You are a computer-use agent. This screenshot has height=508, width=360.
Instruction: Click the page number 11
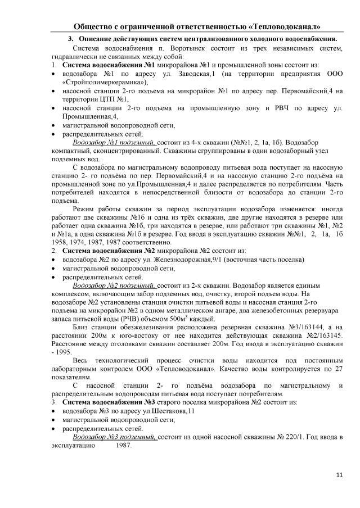coord(339,475)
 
